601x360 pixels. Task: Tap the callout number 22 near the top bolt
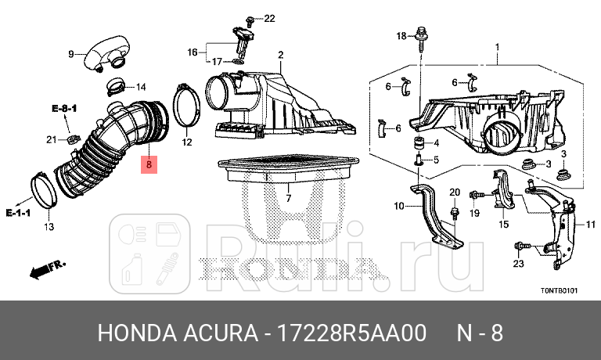269,18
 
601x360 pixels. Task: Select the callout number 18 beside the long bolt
401,36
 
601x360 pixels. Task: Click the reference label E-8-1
63,107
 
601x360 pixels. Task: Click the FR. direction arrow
45,270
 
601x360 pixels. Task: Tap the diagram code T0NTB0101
558,290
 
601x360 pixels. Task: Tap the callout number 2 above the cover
279,54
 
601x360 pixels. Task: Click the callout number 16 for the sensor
193,52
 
